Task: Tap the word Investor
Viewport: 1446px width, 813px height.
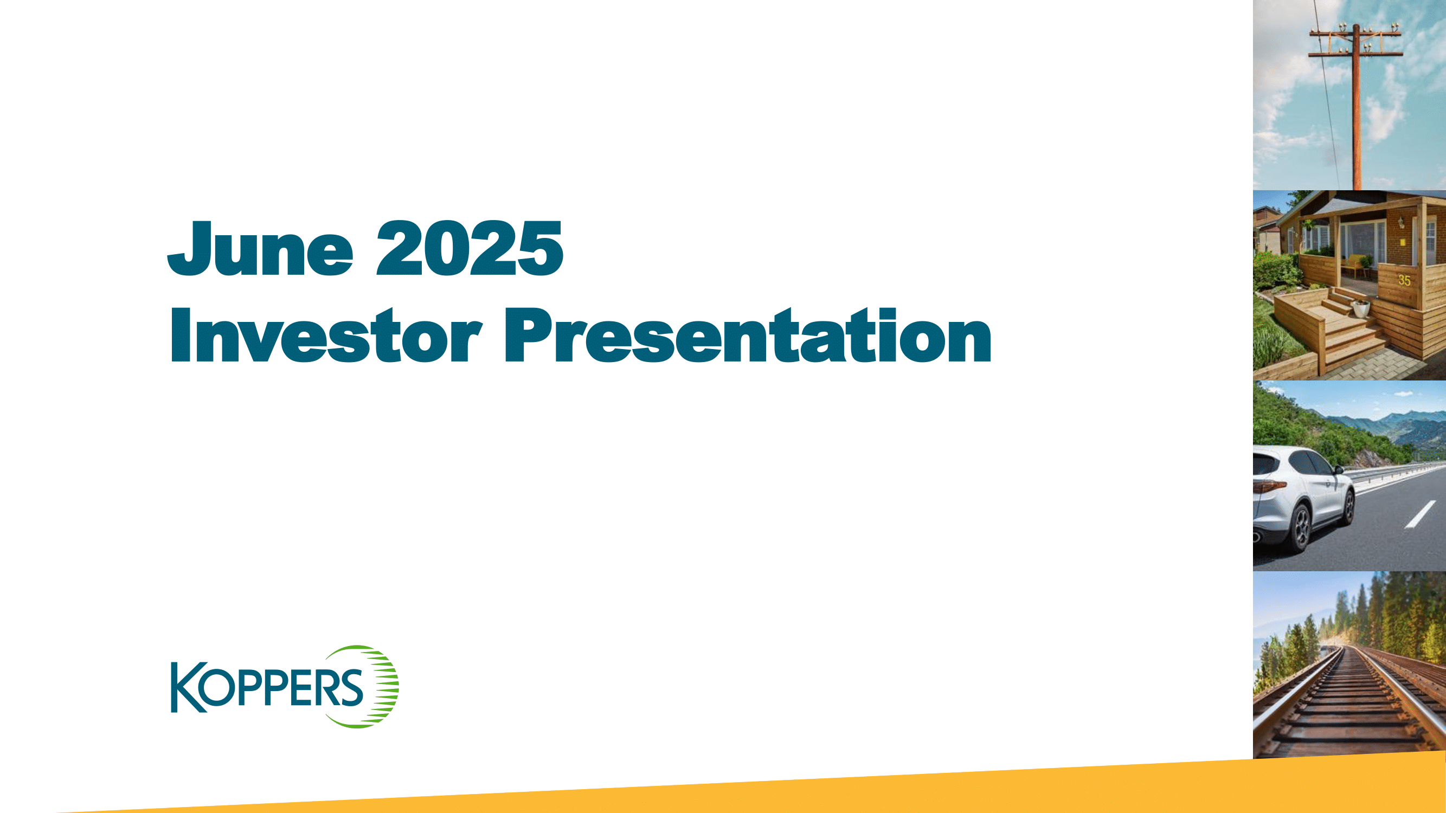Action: tap(325, 335)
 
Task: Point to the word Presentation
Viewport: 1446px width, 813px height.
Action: tap(747, 335)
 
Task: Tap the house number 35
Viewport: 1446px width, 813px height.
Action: tap(1404, 280)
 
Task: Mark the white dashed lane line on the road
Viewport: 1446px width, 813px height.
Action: tap(1419, 514)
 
